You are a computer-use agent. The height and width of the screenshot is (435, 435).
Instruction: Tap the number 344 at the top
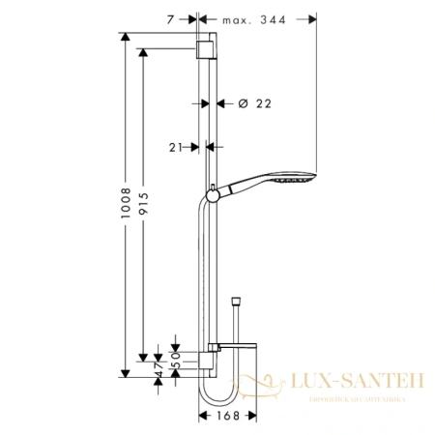[283, 16]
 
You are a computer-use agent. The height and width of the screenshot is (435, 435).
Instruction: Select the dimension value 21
[175, 147]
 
